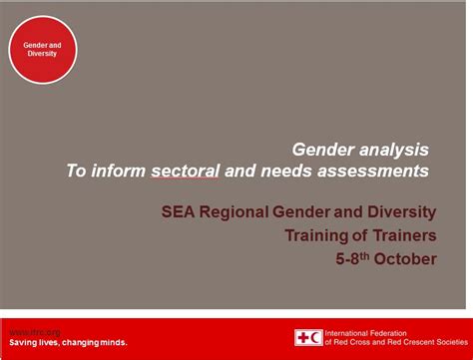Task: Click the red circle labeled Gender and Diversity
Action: pyautogui.click(x=43, y=49)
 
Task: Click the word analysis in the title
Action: pyautogui.click(x=394, y=150)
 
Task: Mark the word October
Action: pyautogui.click(x=406, y=259)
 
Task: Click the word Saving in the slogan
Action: pyautogui.click(x=25, y=342)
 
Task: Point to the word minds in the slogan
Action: pyautogui.click(x=107, y=342)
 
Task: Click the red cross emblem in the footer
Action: pyautogui.click(x=301, y=338)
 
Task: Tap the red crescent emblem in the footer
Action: pyautogui.click(x=316, y=338)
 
